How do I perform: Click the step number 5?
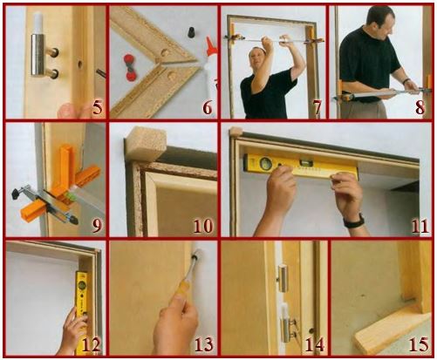(x=98, y=108)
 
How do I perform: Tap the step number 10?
(x=203, y=226)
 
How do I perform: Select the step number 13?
(x=204, y=344)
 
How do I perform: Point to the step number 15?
(x=419, y=344)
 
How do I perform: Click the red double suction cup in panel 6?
(x=130, y=67)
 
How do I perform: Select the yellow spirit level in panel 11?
(x=301, y=166)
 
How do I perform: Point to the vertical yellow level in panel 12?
(x=82, y=312)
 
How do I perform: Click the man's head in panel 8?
(x=379, y=21)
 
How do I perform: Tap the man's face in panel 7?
(x=257, y=57)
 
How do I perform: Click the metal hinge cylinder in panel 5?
(x=38, y=55)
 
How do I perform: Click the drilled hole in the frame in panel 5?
(x=79, y=64)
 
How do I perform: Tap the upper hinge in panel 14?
(x=282, y=277)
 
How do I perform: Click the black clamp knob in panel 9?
(x=17, y=193)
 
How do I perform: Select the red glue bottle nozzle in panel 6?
(x=210, y=46)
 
